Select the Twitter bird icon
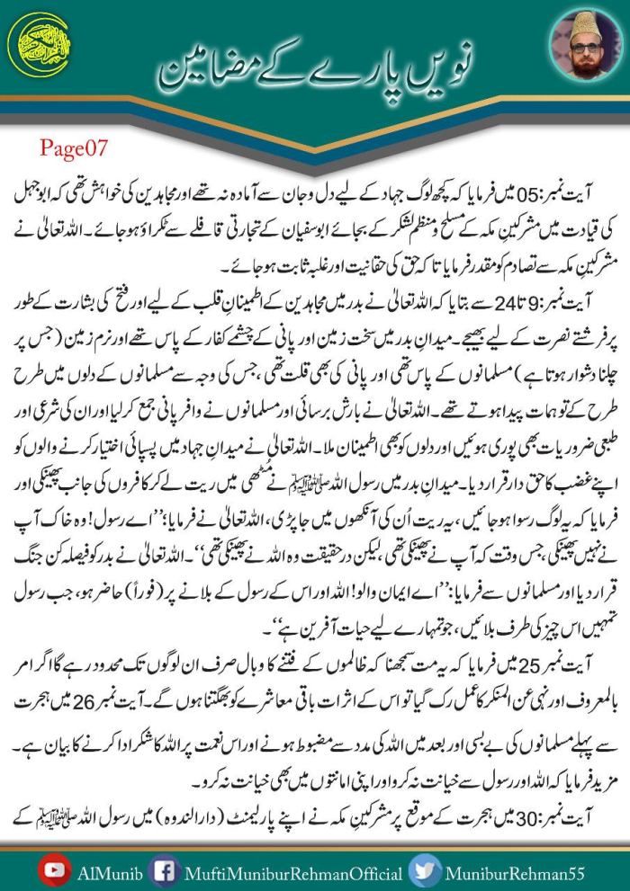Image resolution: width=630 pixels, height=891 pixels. coord(421,869)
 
